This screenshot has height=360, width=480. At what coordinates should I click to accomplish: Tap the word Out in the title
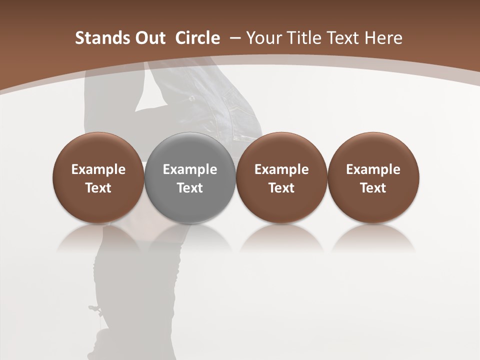coord(149,38)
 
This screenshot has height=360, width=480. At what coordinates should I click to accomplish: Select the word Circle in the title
coord(197,38)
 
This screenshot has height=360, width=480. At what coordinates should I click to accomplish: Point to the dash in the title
coord(233,38)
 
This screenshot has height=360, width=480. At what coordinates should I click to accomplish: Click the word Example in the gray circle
coord(190,169)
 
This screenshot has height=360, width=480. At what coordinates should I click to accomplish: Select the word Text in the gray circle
coord(190,188)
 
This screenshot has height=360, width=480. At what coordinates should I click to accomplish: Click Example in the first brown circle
coord(98,169)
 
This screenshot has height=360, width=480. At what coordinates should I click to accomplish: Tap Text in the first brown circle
coord(98,188)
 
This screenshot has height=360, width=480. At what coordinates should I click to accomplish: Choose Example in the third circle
coord(281,169)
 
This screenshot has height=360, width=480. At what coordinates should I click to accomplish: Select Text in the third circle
coord(281,188)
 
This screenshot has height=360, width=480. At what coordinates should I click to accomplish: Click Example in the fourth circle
coord(373,169)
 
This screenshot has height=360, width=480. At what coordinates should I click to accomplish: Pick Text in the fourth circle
coord(373,188)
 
